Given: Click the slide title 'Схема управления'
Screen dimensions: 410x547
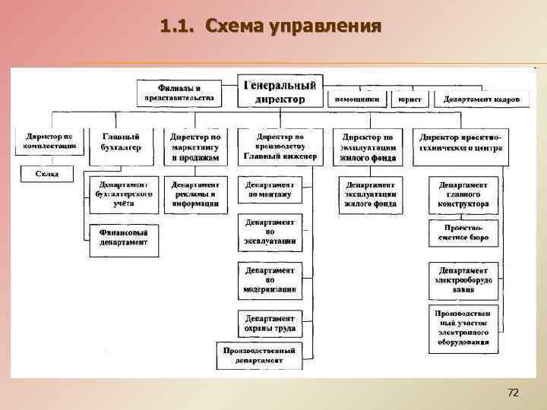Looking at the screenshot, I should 270,27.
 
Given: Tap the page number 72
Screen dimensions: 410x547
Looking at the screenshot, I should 513,393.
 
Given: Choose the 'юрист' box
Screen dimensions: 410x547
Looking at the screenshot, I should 410,99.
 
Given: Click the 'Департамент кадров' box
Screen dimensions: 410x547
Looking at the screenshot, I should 482,99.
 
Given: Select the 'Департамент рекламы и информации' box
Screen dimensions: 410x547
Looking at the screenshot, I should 195,194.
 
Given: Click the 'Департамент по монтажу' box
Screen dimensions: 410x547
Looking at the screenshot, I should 270,190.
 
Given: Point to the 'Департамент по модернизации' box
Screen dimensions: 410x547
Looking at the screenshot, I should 270,280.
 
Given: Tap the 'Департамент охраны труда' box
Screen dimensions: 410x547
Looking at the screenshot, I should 270,323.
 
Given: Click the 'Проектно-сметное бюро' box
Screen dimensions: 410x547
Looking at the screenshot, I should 463,232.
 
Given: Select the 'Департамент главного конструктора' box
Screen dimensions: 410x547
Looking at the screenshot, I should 463,194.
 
